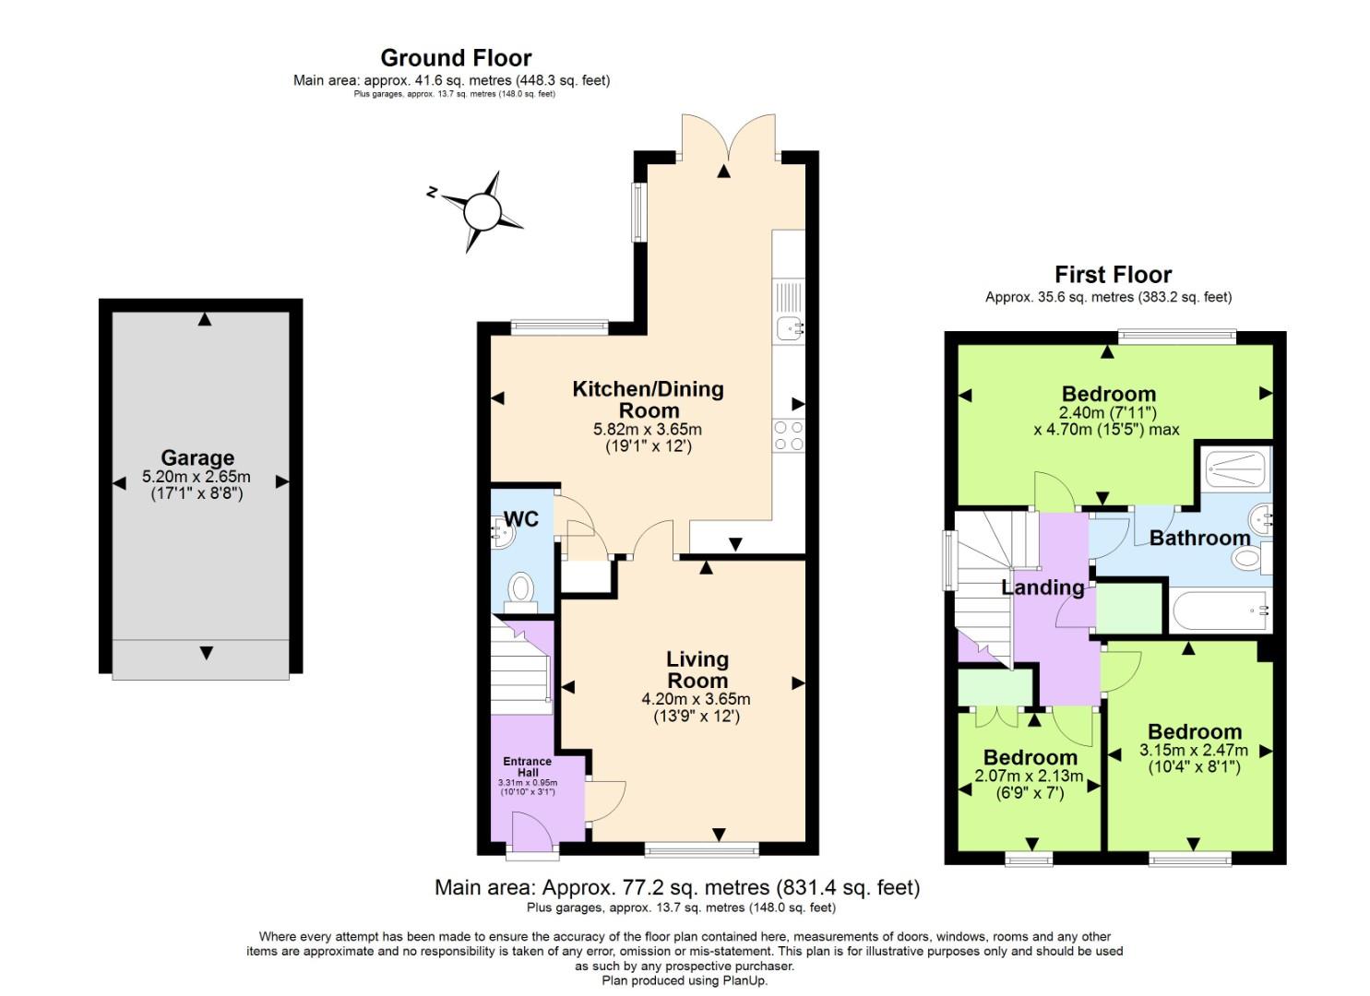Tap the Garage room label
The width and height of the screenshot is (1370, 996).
point(197,458)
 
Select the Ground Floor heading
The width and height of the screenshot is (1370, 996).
point(456,58)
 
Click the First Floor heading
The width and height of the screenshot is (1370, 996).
point(1113,275)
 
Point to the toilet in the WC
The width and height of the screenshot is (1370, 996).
point(521,587)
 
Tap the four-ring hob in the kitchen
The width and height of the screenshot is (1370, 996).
point(789,435)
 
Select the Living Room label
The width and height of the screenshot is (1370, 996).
point(697,670)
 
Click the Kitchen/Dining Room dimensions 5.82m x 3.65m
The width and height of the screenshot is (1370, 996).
point(648,430)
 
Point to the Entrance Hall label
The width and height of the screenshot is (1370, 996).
point(528,767)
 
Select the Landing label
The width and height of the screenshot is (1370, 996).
point(1042,587)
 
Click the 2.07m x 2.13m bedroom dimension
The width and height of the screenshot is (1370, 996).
point(1029,777)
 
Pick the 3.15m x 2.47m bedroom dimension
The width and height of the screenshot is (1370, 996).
point(1194,751)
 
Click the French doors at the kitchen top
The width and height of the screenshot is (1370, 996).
point(728,138)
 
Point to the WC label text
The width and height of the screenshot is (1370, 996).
point(521,519)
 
